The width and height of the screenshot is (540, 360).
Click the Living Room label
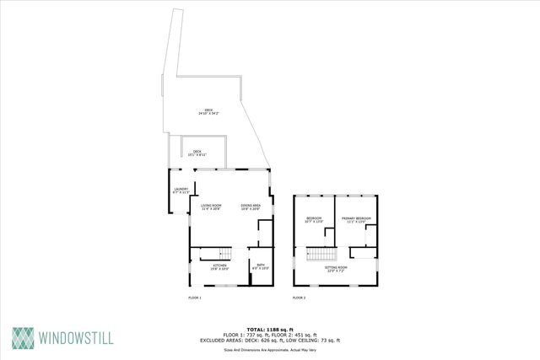(x=210, y=207)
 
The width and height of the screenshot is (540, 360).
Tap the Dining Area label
(x=251, y=207)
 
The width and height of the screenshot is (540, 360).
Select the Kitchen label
(x=219, y=267)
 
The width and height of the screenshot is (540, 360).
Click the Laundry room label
(x=181, y=190)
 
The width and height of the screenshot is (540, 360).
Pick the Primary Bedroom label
(x=357, y=219)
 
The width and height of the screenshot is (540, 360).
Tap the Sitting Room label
(x=336, y=269)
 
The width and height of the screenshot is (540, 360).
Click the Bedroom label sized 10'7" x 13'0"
(x=314, y=219)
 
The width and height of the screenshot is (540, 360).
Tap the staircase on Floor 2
(x=320, y=255)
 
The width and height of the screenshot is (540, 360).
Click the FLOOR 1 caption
(x=194, y=298)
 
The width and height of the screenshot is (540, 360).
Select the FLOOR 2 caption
(x=299, y=298)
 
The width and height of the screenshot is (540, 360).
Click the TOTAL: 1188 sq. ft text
(x=269, y=329)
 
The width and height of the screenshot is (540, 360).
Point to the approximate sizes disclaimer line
(x=269, y=349)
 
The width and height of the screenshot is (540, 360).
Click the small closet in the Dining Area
(x=264, y=230)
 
